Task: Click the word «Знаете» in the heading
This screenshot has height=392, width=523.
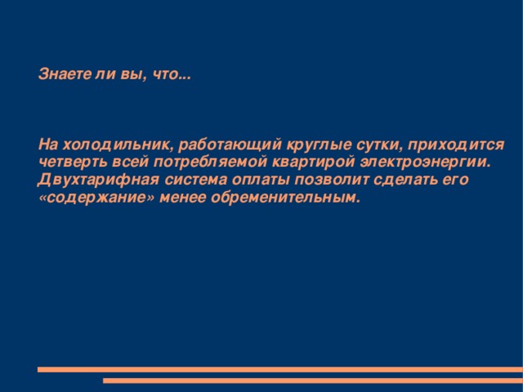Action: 63,76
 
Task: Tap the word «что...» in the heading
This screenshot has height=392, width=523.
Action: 172,76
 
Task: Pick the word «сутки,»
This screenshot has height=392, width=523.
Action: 362,145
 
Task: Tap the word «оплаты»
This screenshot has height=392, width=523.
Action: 248,180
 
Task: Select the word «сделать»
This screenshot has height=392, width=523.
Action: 391,180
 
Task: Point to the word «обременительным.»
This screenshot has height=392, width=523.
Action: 288,198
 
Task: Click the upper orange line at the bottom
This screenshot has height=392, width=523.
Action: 278,369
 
